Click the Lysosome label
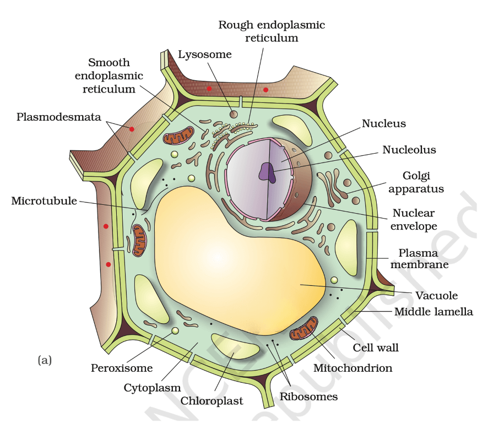pos(205,55)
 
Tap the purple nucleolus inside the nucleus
pos(267,172)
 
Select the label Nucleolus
pos(409,150)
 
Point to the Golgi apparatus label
pos(416,182)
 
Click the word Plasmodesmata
pos(59,117)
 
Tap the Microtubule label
pos(44,201)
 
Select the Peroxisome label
pos(122,368)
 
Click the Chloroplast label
pos(212,401)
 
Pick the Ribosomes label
pos(308,396)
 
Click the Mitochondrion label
pos(353,368)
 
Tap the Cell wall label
pos(375,348)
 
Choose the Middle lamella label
pos(433,312)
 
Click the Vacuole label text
pos(436,296)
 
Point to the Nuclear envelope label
pos(414,220)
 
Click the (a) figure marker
pos(45,360)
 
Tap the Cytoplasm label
pos(152,388)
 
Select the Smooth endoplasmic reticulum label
pos(109,75)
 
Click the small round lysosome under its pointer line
pos(234,115)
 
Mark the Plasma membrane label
pos(419,258)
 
